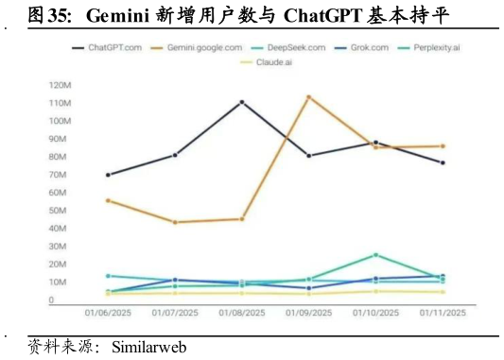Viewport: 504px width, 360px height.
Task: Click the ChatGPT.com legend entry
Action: coord(108,47)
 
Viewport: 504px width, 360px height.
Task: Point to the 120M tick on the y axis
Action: coord(61,85)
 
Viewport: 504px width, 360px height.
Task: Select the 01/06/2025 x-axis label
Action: coord(108,313)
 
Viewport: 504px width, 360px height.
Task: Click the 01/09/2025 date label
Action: coord(308,313)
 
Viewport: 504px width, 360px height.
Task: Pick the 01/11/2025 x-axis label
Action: coord(442,313)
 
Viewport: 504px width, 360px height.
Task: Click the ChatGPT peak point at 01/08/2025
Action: coord(242,102)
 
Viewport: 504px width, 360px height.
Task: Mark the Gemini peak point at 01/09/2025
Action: coord(308,96)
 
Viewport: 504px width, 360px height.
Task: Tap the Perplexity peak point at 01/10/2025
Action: coord(375,255)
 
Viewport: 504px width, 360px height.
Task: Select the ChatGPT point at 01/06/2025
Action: coord(108,175)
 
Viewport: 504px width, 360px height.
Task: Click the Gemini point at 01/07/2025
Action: coord(175,222)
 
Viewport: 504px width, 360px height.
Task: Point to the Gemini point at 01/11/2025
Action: coord(442,146)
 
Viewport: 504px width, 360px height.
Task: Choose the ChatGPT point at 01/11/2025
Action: coord(442,163)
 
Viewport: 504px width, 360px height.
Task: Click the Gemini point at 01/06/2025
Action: coord(108,200)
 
